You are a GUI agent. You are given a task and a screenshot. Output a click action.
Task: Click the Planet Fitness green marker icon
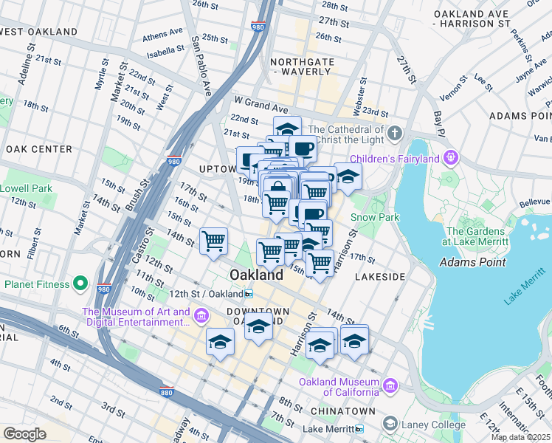81,284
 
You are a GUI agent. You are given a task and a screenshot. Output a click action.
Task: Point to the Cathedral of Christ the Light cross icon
395,134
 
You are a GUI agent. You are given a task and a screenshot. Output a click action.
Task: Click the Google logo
24,434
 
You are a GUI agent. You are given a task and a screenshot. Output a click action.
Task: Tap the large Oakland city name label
256,275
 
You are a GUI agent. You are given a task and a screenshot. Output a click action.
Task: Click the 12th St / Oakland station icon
249,293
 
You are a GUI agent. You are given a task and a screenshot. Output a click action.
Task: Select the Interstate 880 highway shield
168,391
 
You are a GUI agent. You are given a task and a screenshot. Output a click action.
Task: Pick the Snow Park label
374,217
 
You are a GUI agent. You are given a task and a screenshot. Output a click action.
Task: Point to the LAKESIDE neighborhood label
380,276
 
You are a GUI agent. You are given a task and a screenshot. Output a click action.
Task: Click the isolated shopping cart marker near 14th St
213,240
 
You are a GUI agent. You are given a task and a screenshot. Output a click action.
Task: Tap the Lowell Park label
26,188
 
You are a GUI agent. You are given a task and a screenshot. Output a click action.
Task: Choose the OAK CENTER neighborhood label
38,149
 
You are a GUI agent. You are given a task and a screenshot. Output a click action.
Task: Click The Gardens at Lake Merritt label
476,236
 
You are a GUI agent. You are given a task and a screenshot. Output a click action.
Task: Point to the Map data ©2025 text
521,437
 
